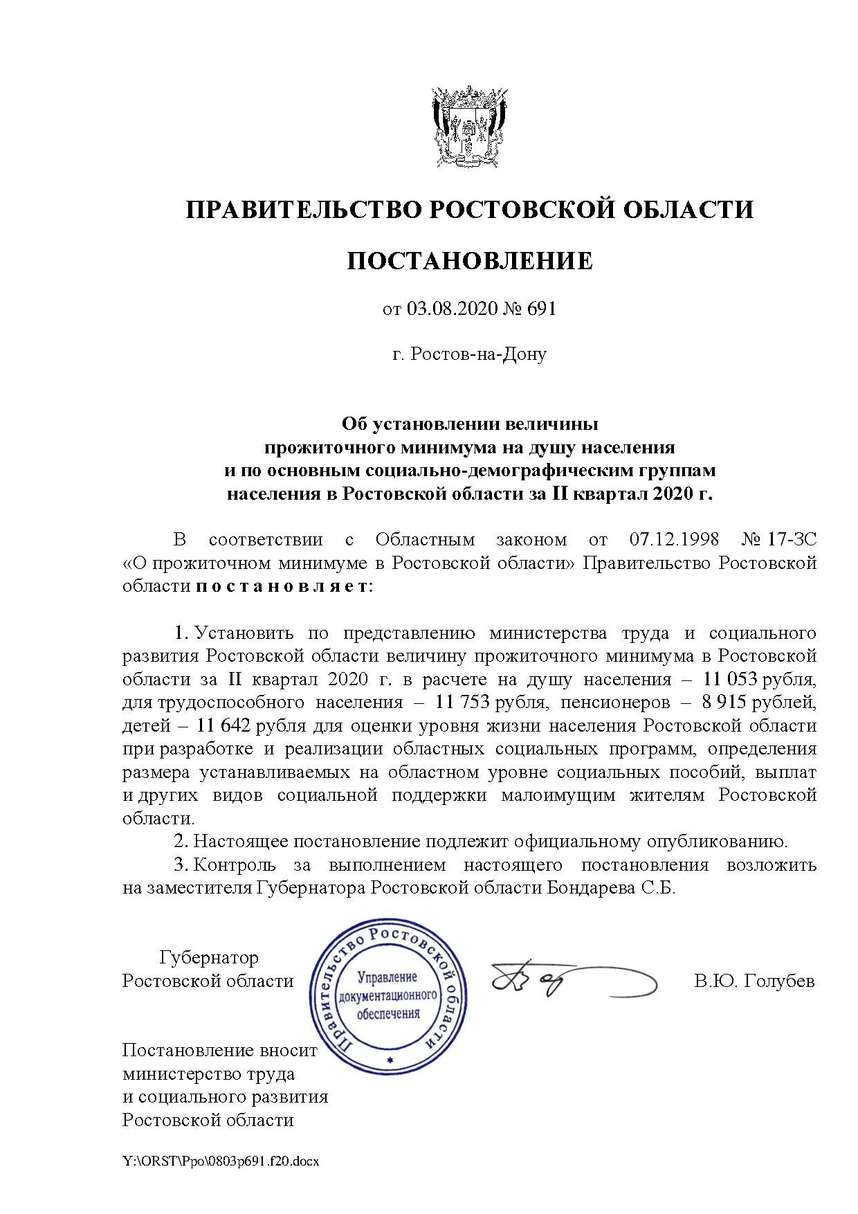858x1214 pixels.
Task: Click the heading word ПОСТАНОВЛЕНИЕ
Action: tap(469, 261)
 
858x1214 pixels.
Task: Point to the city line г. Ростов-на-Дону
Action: tap(469, 354)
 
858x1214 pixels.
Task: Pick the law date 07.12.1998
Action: tap(674, 539)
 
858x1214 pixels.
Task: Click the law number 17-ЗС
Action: tap(794, 539)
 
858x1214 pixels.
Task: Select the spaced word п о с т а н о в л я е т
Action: tap(284, 586)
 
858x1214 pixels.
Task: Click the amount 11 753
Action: tap(463, 703)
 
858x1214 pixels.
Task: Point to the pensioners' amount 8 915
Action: tap(723, 703)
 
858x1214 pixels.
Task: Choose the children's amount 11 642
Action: tap(224, 726)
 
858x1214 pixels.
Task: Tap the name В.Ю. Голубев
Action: tap(754, 981)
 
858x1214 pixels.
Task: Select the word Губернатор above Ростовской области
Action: tap(209, 958)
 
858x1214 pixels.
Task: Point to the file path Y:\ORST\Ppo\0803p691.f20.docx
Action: tap(220, 1161)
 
